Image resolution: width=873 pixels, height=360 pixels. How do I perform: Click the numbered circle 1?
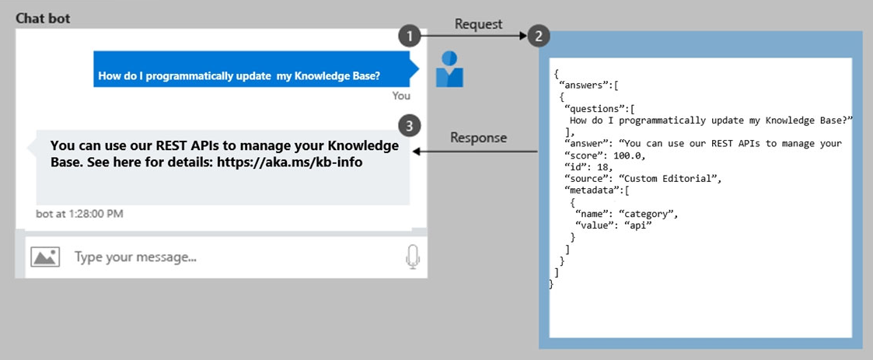tap(410, 37)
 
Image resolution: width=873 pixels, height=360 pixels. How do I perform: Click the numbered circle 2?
tap(538, 37)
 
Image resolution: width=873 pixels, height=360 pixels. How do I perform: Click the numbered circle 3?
tap(410, 126)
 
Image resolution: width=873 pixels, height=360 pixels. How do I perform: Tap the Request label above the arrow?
tap(478, 24)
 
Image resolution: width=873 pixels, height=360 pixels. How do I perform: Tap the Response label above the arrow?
tap(479, 138)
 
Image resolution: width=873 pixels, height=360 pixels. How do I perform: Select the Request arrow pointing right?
tap(473, 37)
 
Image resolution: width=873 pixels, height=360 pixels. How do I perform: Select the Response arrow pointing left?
tap(475, 151)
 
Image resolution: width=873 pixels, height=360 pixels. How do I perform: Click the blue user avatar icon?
tap(449, 69)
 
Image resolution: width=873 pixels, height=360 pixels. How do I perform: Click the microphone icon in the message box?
tap(412, 257)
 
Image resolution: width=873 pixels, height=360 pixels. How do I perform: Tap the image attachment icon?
tap(45, 257)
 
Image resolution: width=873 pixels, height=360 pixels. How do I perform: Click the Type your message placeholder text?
tap(136, 257)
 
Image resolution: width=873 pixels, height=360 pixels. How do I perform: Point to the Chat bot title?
tap(43, 19)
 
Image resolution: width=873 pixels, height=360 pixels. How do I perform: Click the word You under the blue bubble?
tap(401, 96)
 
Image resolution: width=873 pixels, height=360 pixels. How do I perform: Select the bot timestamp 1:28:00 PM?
tap(96, 214)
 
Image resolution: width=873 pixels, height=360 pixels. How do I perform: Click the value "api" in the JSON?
tap(637, 224)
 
